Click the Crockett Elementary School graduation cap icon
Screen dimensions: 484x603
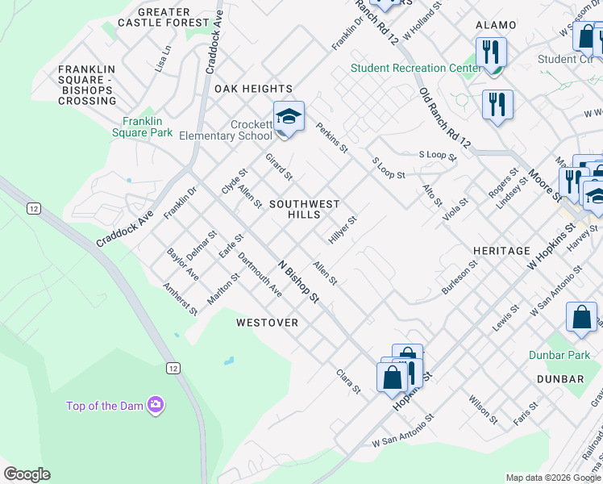(289, 118)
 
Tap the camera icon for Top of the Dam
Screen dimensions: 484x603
(156, 405)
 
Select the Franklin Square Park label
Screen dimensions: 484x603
(143, 127)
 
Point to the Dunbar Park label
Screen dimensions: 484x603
(559, 355)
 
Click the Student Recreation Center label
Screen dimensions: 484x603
(415, 68)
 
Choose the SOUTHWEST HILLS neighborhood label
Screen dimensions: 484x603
(304, 209)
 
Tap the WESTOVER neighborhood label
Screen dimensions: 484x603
(267, 323)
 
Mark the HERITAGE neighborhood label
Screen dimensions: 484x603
(501, 251)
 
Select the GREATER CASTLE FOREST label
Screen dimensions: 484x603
(164, 18)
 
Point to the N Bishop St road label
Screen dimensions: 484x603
(299, 282)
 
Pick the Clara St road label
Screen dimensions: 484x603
(348, 382)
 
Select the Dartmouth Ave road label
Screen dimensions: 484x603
(260, 275)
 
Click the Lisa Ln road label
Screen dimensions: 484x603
(167, 56)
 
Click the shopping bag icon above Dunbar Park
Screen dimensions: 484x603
(581, 318)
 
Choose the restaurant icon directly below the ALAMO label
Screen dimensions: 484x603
(490, 53)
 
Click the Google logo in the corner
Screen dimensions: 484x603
(27, 474)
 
